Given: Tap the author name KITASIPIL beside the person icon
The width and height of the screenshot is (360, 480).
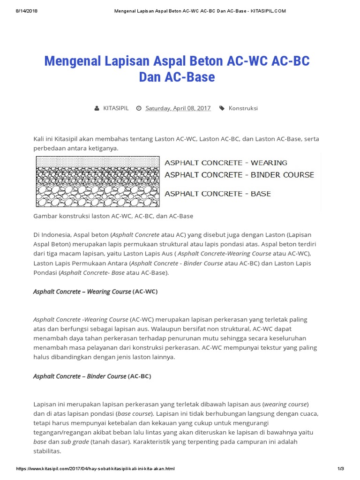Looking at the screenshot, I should point(116,108).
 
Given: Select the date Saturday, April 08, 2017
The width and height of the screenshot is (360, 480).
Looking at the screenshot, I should point(178,108).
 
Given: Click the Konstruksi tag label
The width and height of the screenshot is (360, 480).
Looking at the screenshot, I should point(243,108).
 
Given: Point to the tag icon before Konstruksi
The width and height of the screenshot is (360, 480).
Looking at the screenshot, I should point(222,108).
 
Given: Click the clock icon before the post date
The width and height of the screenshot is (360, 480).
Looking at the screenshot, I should point(139,108).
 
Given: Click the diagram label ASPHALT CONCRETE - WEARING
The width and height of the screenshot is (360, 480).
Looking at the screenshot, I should point(225,163).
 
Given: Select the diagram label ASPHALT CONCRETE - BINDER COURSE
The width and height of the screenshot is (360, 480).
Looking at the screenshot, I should point(239,175).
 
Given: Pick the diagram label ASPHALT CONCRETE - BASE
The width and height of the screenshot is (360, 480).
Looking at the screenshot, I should point(217,193).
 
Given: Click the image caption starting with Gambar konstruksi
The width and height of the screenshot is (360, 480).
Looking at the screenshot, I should point(113,216).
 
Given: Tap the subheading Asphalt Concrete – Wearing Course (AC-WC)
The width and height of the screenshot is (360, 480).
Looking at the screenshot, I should point(95,292).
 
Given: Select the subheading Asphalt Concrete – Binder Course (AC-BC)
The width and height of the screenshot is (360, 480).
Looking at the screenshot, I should point(92,376).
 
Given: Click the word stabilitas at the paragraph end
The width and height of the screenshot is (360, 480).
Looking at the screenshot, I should point(47,451).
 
